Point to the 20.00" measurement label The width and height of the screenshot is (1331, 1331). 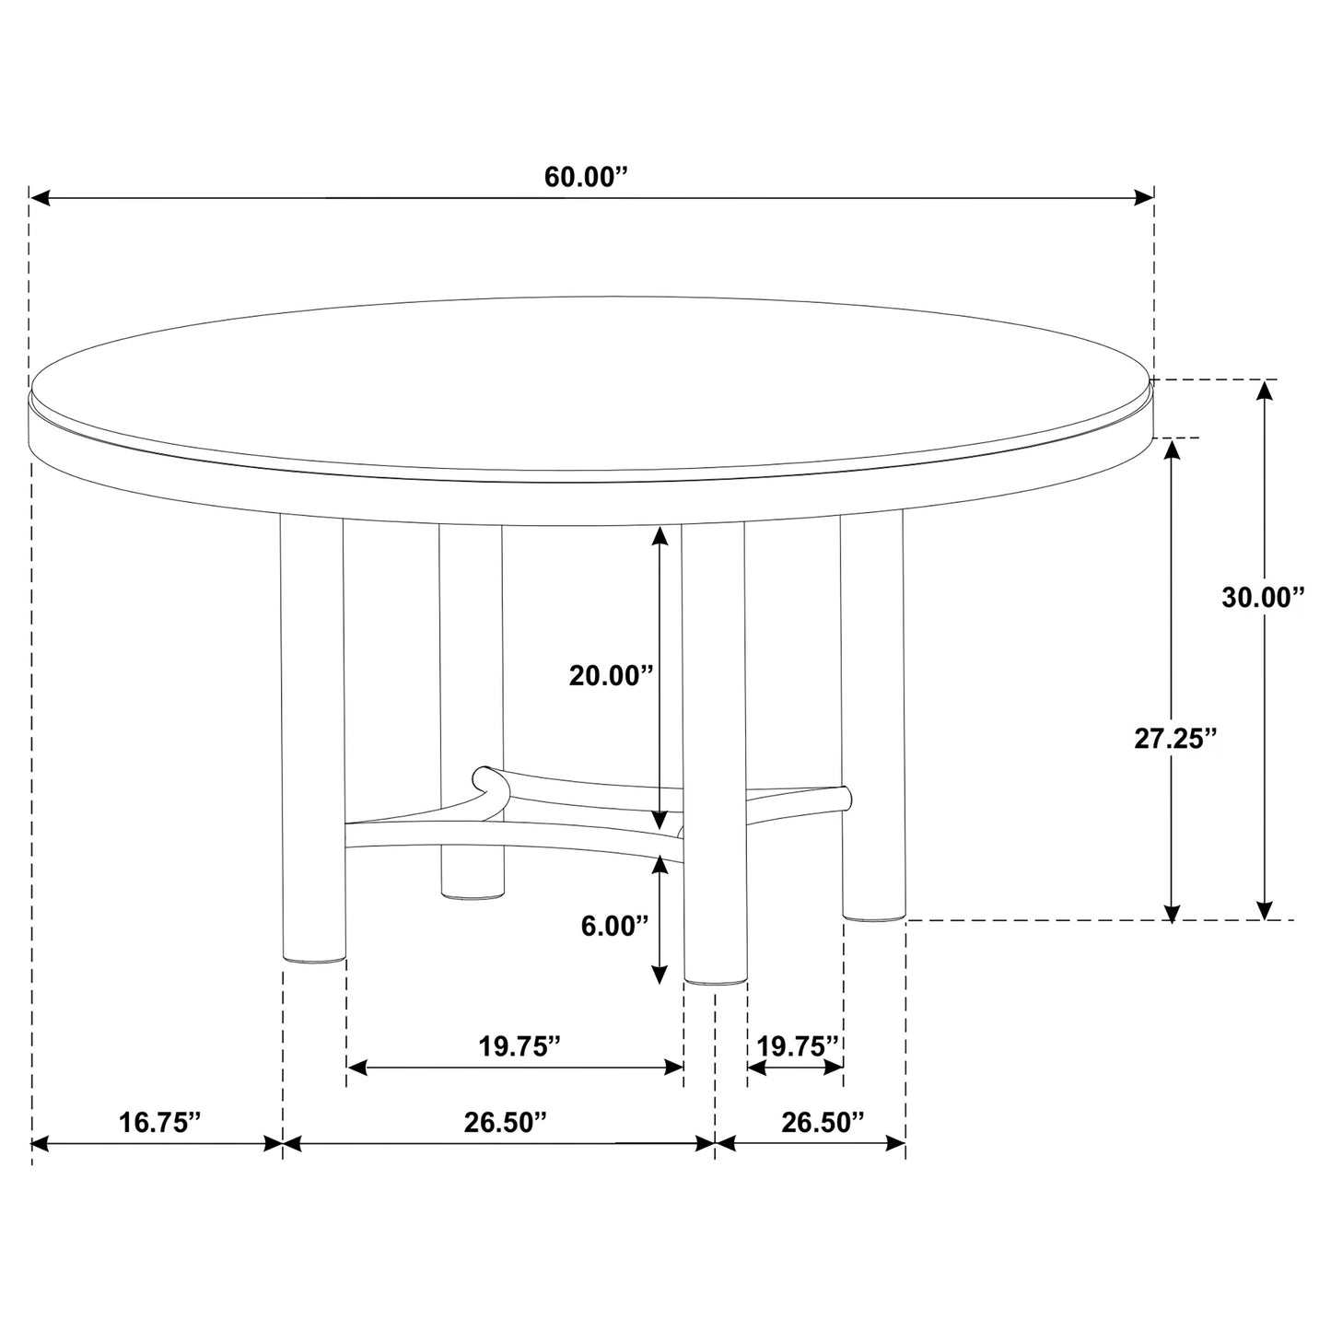click(611, 675)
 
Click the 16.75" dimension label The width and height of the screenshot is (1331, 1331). click(159, 1122)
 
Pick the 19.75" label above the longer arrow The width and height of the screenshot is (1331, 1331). click(520, 1046)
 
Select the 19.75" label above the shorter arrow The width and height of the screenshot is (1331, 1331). click(798, 1046)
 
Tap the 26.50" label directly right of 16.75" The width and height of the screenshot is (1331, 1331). click(505, 1122)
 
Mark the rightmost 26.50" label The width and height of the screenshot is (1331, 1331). click(823, 1122)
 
